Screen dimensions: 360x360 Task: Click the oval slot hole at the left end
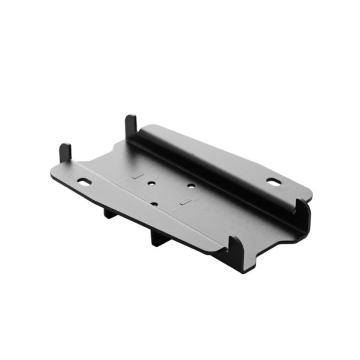[85, 182]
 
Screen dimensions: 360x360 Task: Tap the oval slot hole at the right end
[273, 181]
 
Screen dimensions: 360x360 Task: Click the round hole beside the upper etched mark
[152, 183]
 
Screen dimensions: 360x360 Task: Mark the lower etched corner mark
[185, 202]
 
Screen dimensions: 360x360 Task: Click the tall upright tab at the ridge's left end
[131, 126]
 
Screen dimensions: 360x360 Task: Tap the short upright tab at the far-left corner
[65, 153]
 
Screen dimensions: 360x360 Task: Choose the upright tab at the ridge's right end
[302, 209]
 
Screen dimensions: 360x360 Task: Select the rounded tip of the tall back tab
[131, 118]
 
